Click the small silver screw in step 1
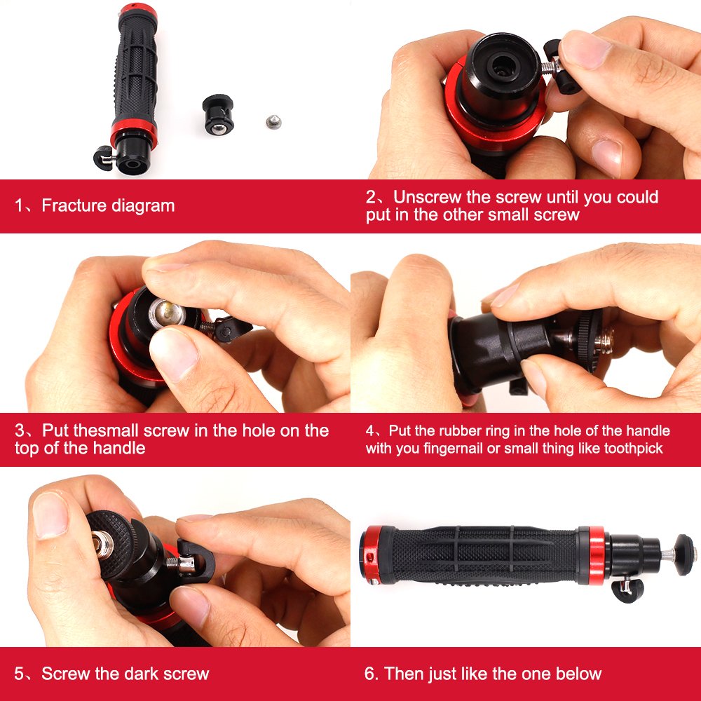[272, 122]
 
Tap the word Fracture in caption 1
[71, 205]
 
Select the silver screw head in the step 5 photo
[100, 543]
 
